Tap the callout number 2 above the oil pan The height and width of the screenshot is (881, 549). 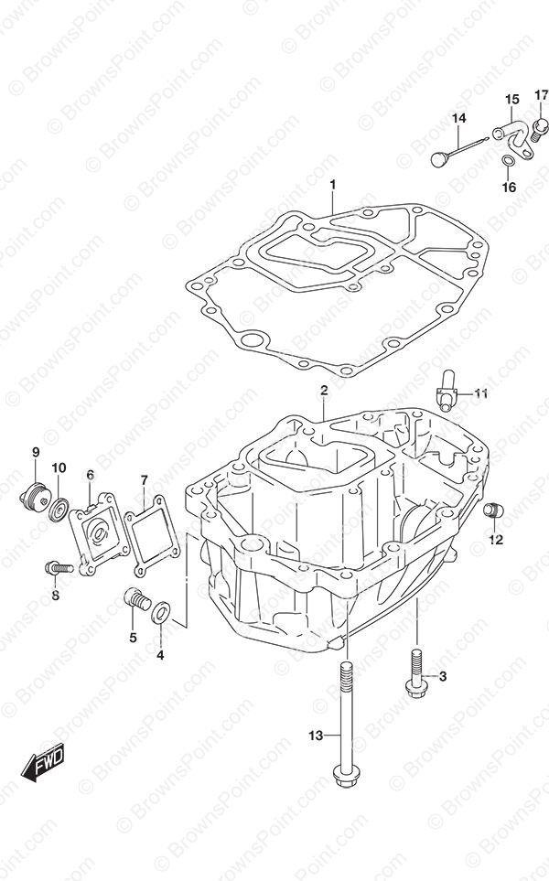324,391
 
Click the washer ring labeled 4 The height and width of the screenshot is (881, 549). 185,610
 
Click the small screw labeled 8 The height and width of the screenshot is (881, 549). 59,568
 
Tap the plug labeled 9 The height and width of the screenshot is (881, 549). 34,495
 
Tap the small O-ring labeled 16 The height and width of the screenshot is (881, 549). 508,165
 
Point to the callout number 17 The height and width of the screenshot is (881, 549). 542,94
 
